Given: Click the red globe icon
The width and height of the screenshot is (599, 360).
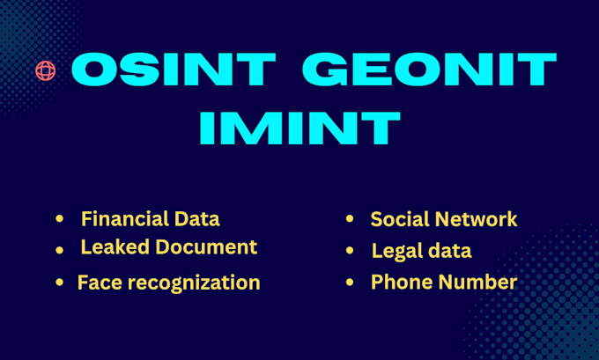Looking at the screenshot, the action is pos(46,70).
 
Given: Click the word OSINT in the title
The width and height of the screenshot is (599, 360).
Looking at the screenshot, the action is pos(173,70).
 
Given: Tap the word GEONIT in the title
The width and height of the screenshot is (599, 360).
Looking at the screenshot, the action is pos(429,70).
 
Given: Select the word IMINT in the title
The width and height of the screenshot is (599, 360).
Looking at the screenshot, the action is pos(299,128).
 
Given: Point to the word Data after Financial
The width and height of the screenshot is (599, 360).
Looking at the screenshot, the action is pos(197,219).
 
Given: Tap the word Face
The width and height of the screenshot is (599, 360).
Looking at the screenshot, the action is pos(100,283).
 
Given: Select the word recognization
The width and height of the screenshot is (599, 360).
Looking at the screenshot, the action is pos(194,283).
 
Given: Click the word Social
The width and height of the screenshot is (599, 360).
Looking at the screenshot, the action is pos(400,219).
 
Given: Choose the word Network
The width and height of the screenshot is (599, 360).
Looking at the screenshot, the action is pos(476,219).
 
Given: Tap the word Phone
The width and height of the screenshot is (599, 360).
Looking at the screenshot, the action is pos(403,283).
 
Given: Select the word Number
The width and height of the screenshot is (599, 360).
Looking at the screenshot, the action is pos(478,283).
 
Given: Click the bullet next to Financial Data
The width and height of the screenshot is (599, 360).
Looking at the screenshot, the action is pos(59,219).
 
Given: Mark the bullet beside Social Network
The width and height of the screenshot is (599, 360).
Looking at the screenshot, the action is pos(350,219).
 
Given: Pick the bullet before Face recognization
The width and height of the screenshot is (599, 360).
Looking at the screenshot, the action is pos(59,283).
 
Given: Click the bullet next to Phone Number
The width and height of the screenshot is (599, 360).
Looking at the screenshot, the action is pos(350,283).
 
